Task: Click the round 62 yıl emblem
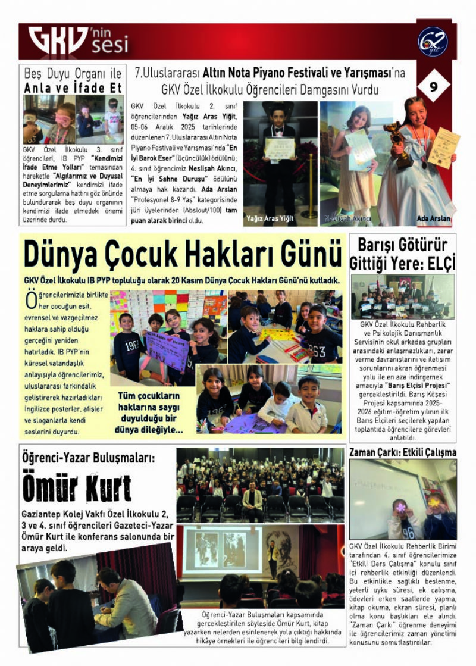click(433, 42)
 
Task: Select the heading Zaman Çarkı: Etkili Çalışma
click(403, 452)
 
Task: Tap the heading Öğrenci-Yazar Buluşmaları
click(88, 458)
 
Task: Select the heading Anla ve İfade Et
click(73, 88)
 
